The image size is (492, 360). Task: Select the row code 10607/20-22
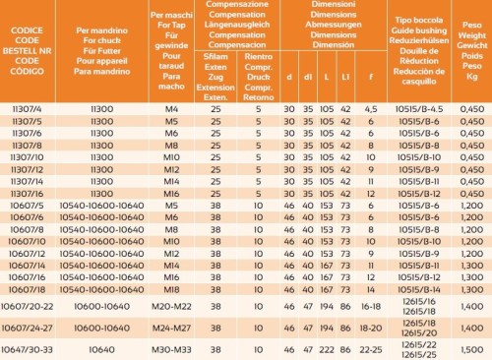coord(31,306)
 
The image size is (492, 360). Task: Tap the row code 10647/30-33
coord(31,349)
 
